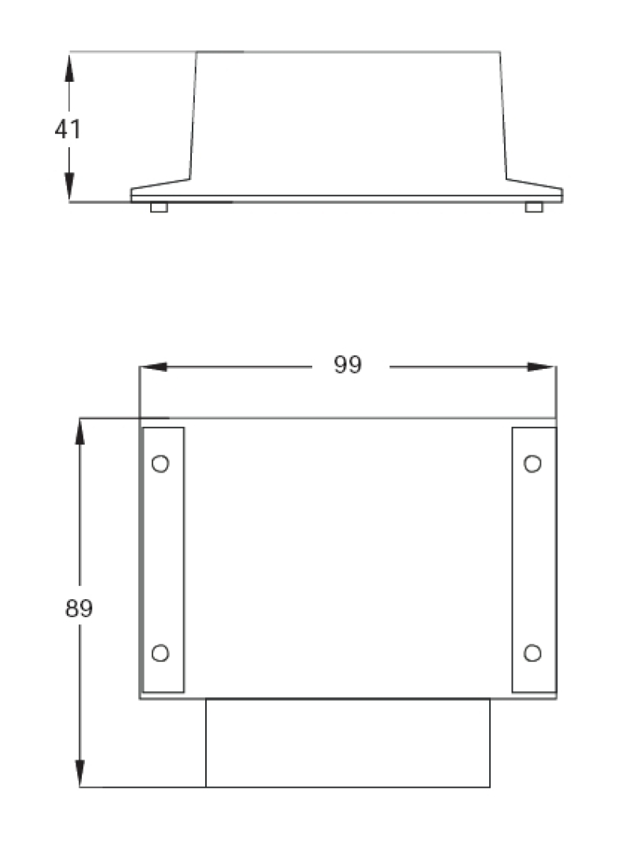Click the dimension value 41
point(68,129)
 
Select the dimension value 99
point(348,366)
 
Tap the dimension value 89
point(79,609)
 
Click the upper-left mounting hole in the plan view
point(160,464)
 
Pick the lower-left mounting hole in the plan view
point(160,653)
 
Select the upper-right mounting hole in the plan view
point(532,464)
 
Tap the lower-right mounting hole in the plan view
point(532,653)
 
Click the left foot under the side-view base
point(159,208)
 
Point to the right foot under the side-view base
point(534,208)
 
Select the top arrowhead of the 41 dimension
point(69,67)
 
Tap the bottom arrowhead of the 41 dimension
point(69,187)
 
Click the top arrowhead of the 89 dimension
point(79,432)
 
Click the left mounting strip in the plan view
point(163,560)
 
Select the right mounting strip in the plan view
point(534,560)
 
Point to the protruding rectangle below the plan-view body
point(348,743)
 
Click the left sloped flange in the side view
point(161,186)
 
